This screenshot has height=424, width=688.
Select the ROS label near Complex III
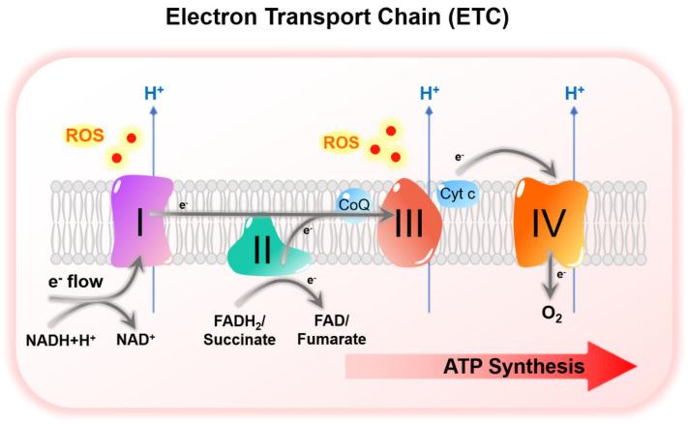pyautogui.click(x=338, y=143)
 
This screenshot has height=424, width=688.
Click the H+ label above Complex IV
pyautogui.click(x=574, y=94)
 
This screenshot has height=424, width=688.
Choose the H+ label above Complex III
pyautogui.click(x=430, y=94)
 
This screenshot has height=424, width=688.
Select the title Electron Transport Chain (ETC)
pyautogui.click(x=344, y=17)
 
